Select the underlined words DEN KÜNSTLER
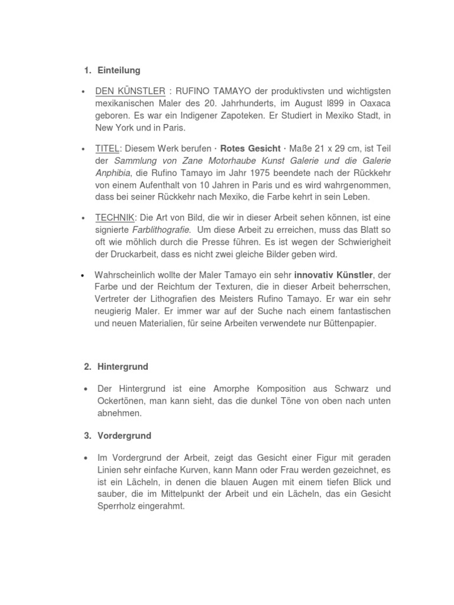click(130, 91)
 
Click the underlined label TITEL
click(107, 148)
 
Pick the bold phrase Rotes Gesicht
click(250, 148)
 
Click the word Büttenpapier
click(345, 323)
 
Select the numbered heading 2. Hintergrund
click(116, 366)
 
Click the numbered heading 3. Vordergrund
click(117, 435)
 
